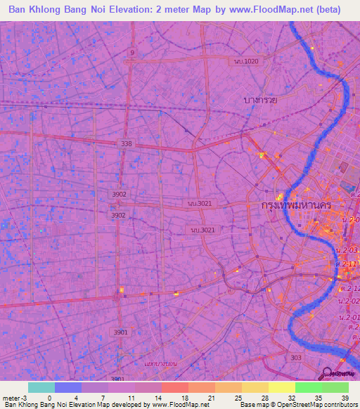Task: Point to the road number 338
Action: (x=126, y=143)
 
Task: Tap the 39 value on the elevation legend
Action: (x=345, y=397)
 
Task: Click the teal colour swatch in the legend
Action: (x=41, y=387)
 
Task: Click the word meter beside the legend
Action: (x=11, y=397)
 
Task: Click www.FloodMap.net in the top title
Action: (x=271, y=10)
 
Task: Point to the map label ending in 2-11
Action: (x=349, y=264)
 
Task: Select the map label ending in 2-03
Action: (x=349, y=250)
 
